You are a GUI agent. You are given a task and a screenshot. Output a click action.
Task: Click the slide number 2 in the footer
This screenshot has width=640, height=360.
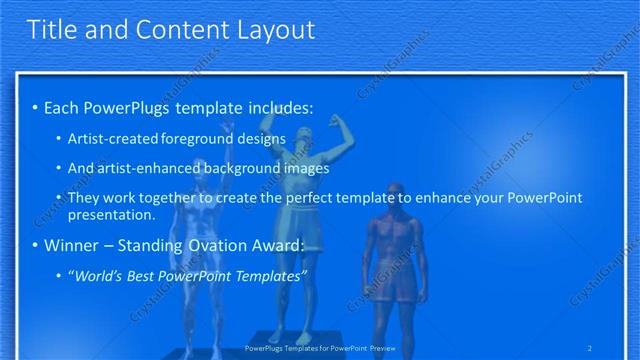590,348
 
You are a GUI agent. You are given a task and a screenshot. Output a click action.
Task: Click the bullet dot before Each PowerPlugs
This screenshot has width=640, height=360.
35,107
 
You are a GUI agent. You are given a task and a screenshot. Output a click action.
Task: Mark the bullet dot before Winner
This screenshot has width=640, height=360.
35,246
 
